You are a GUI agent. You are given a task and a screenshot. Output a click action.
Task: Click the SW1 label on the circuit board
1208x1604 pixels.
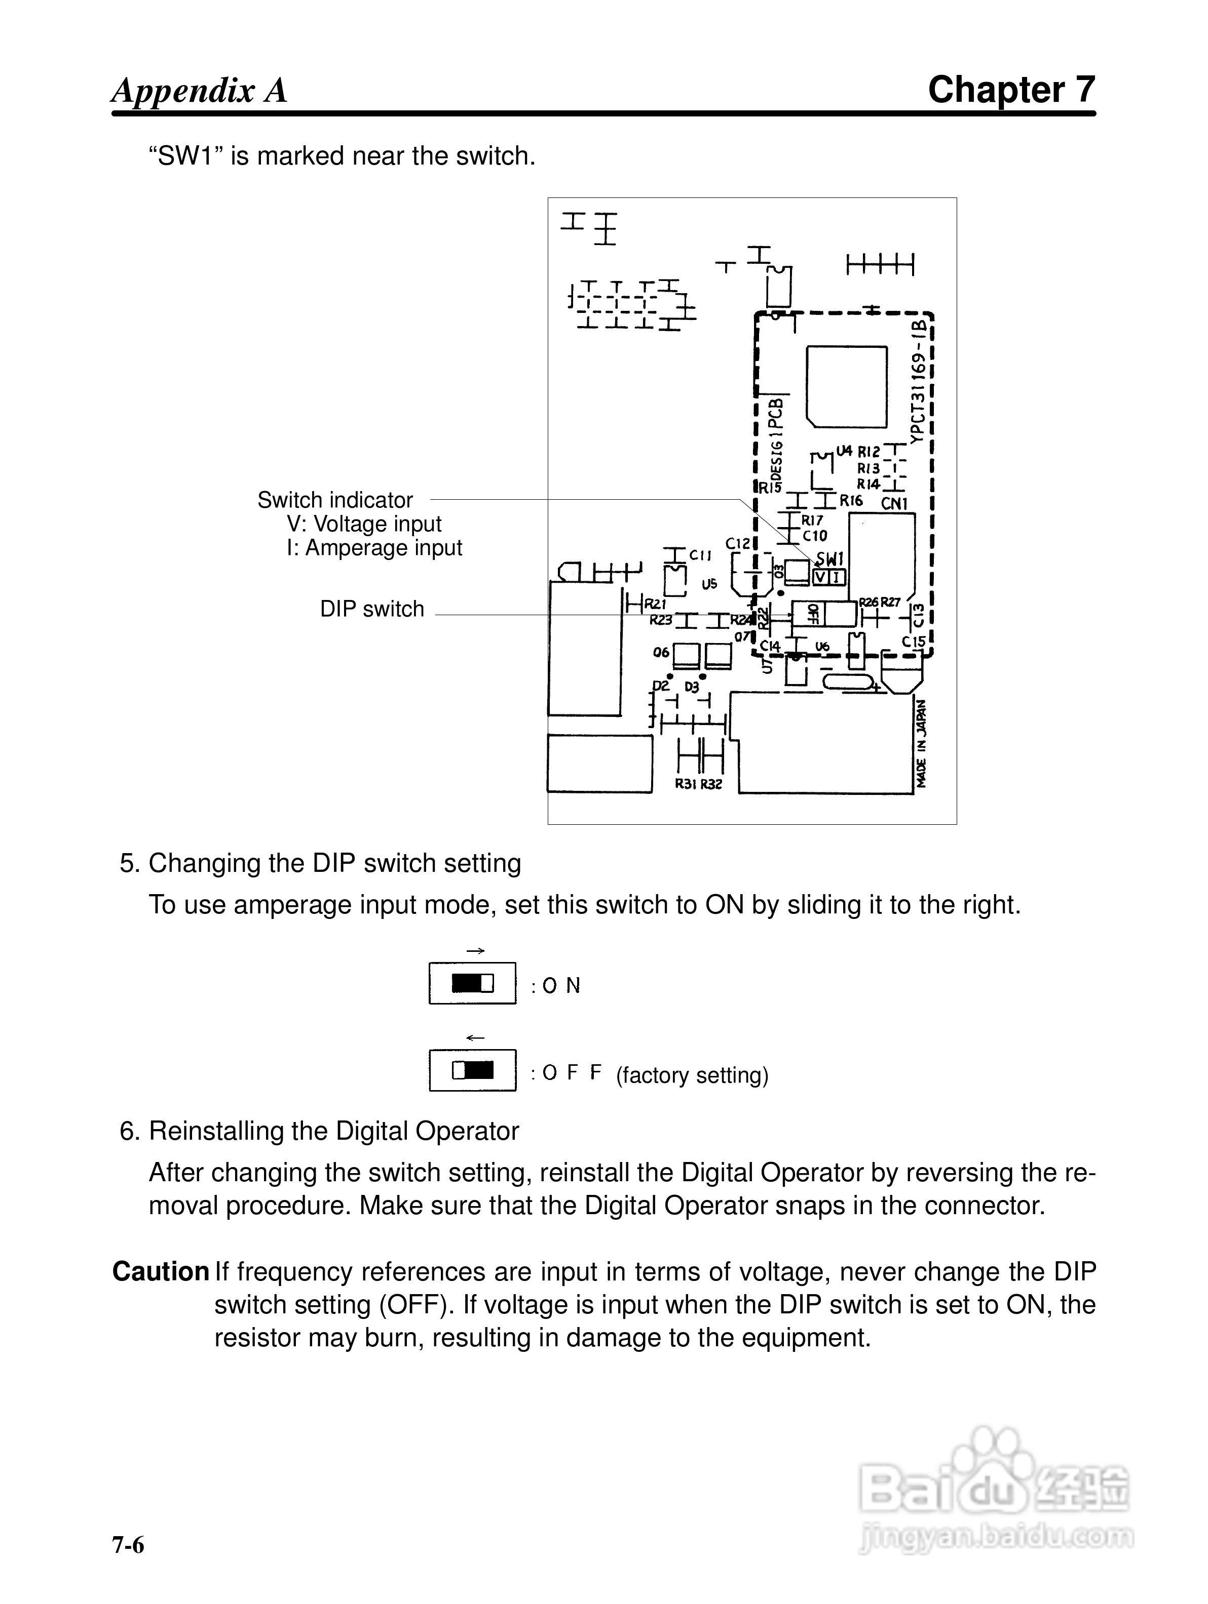click(x=830, y=559)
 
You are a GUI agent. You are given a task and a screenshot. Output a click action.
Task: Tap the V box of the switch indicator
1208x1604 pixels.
click(x=820, y=577)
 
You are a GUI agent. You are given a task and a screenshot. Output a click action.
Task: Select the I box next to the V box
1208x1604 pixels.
click(x=837, y=577)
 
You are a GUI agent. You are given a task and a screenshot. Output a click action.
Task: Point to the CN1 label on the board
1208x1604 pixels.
click(x=894, y=503)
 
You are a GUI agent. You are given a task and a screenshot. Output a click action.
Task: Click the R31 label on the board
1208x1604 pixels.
click(x=686, y=784)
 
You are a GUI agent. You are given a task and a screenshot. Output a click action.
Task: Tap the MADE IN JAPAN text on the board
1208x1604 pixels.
click(x=921, y=743)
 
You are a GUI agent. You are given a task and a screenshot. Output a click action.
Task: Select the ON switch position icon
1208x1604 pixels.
click(x=472, y=983)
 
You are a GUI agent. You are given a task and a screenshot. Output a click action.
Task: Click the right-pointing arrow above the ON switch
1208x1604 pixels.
click(x=475, y=951)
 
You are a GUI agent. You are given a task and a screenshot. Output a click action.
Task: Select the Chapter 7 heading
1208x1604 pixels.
click(x=1011, y=90)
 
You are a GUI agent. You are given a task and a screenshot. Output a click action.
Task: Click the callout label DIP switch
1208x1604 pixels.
click(x=372, y=609)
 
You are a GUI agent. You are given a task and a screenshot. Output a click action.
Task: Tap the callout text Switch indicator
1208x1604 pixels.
click(x=335, y=500)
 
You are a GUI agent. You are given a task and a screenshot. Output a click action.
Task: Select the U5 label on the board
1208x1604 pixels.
click(x=709, y=584)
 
